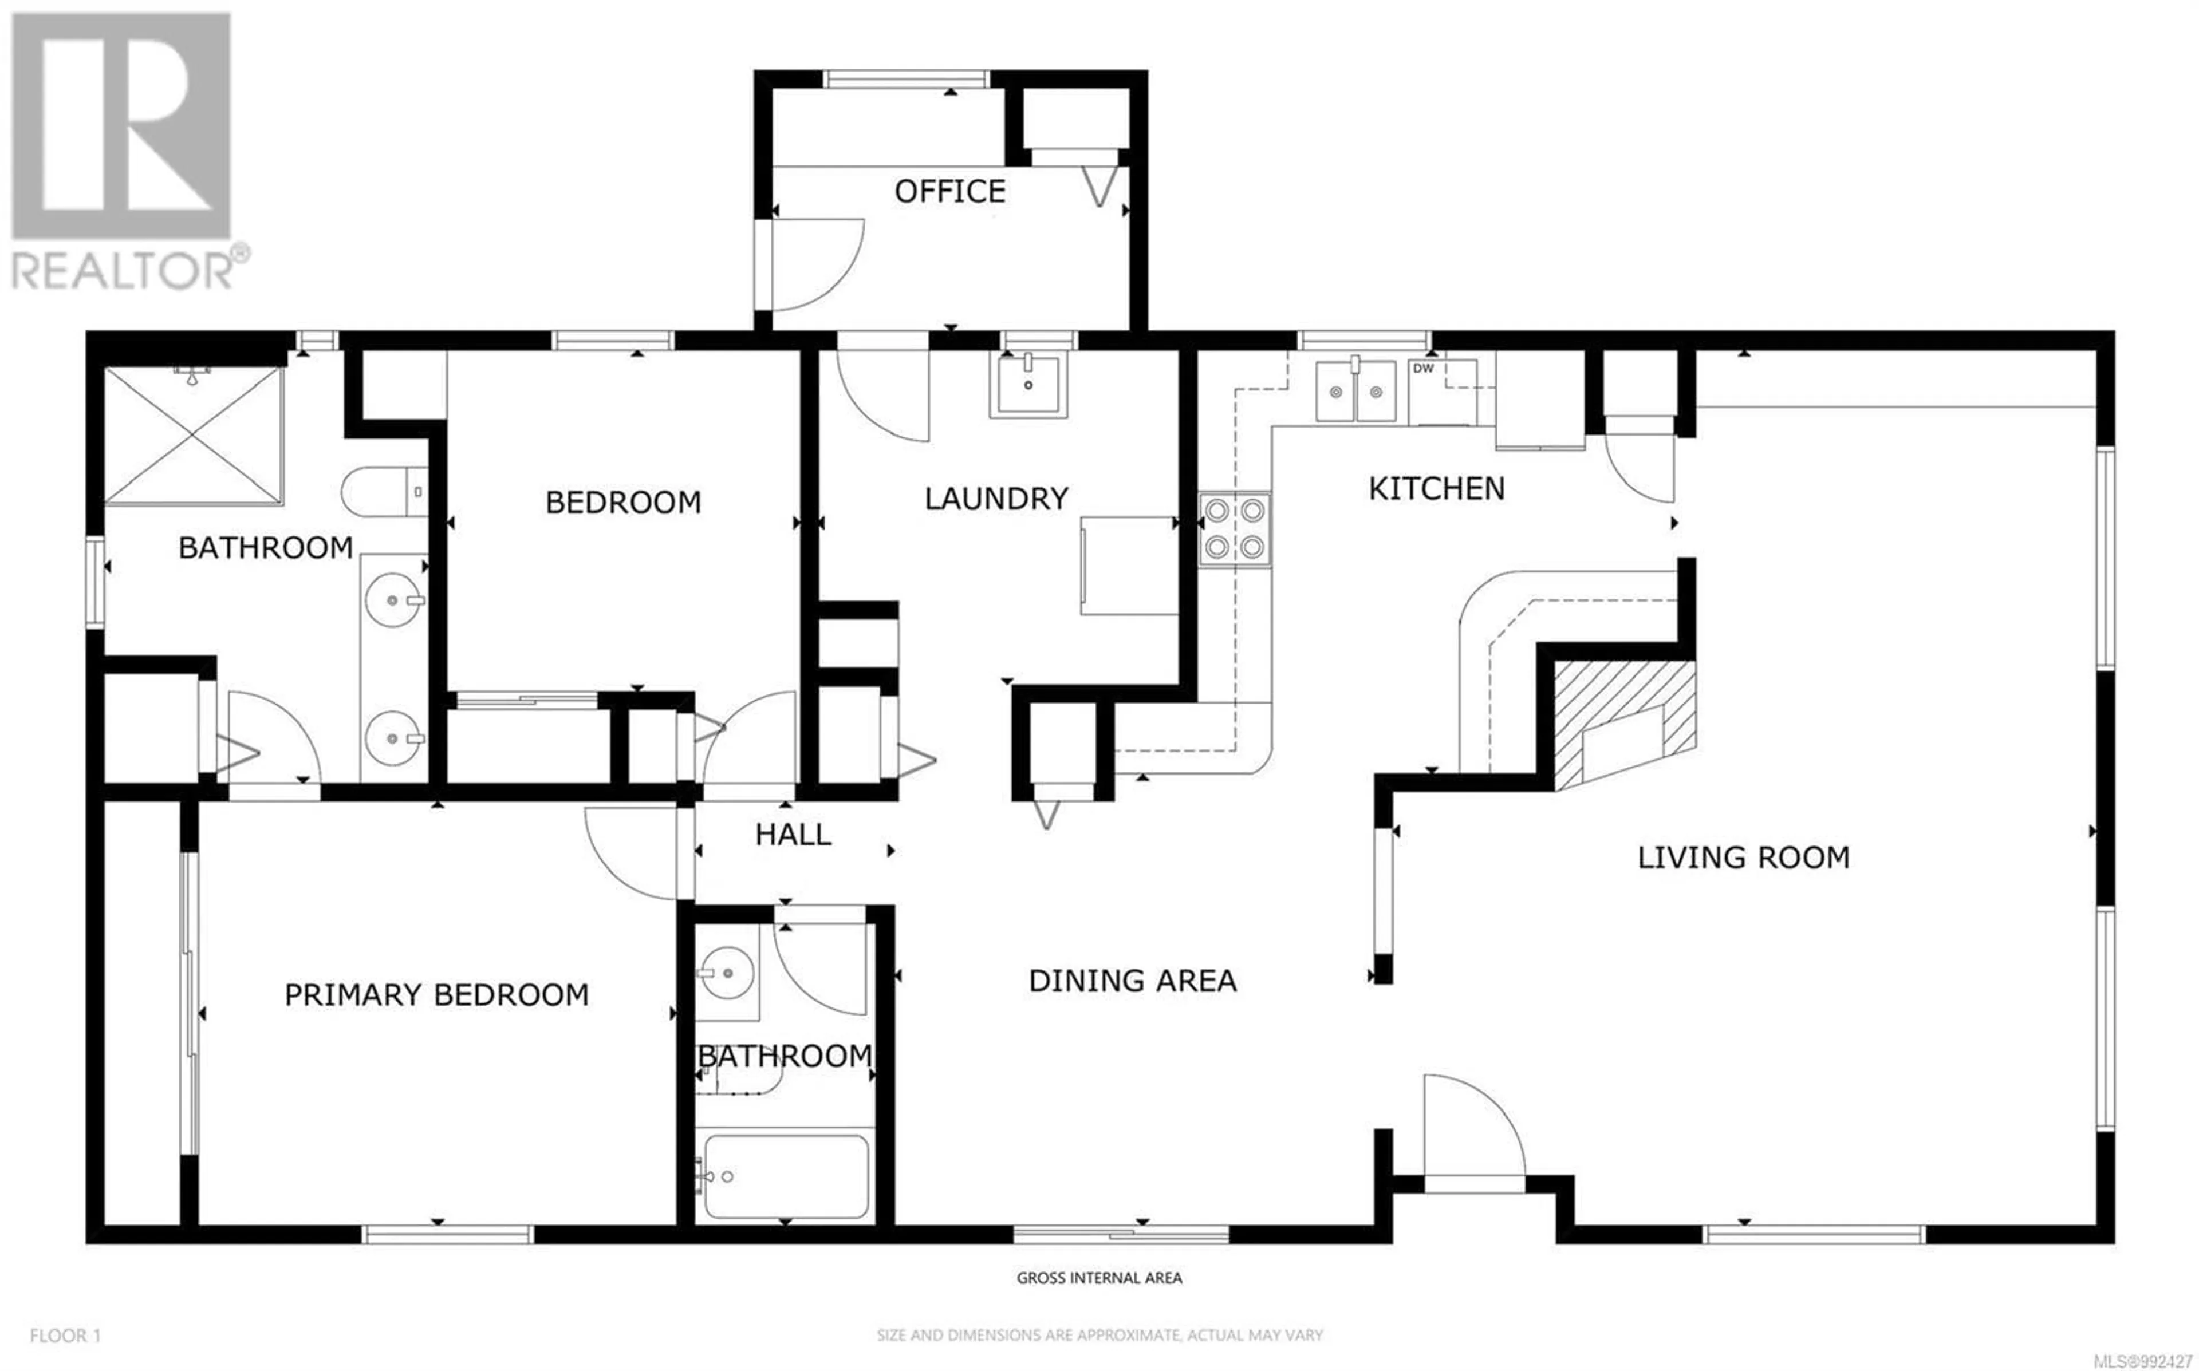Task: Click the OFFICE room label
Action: point(949,191)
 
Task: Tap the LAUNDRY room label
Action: point(996,499)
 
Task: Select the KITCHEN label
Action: point(1436,489)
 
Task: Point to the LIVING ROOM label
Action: point(1743,858)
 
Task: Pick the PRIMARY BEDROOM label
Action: point(436,995)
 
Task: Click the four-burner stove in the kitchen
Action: point(1234,530)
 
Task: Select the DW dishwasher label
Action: point(1424,368)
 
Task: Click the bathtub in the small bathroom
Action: point(785,1176)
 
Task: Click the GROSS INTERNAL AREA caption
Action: point(1099,1278)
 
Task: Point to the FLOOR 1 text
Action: point(65,1336)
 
